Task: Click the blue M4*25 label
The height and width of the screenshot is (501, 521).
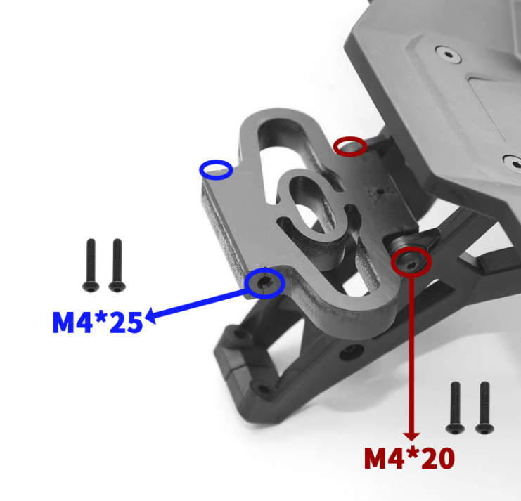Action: pyautogui.click(x=97, y=322)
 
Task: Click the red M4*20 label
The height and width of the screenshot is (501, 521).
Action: pyautogui.click(x=409, y=459)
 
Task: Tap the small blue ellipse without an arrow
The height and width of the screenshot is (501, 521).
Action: pyautogui.click(x=216, y=169)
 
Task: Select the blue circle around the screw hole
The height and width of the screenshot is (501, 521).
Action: pyautogui.click(x=266, y=282)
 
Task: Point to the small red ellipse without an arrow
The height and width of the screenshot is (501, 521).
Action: pyautogui.click(x=349, y=146)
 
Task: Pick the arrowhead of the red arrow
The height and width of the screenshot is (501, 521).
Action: pyautogui.click(x=411, y=436)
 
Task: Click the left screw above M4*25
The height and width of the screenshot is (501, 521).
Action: pyautogui.click(x=90, y=266)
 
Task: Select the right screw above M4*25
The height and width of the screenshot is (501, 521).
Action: pyautogui.click(x=116, y=266)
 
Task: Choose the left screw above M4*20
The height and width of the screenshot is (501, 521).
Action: pyautogui.click(x=455, y=408)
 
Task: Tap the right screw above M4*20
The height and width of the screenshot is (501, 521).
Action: pyautogui.click(x=484, y=408)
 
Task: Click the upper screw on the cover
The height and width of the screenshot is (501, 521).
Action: pyautogui.click(x=446, y=53)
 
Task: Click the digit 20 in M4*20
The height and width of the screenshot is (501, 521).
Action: pyautogui.click(x=437, y=459)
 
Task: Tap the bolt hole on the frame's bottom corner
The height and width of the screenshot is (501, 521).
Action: pyautogui.click(x=262, y=389)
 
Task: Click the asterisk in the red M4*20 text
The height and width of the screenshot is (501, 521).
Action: pyautogui.click(x=415, y=455)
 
